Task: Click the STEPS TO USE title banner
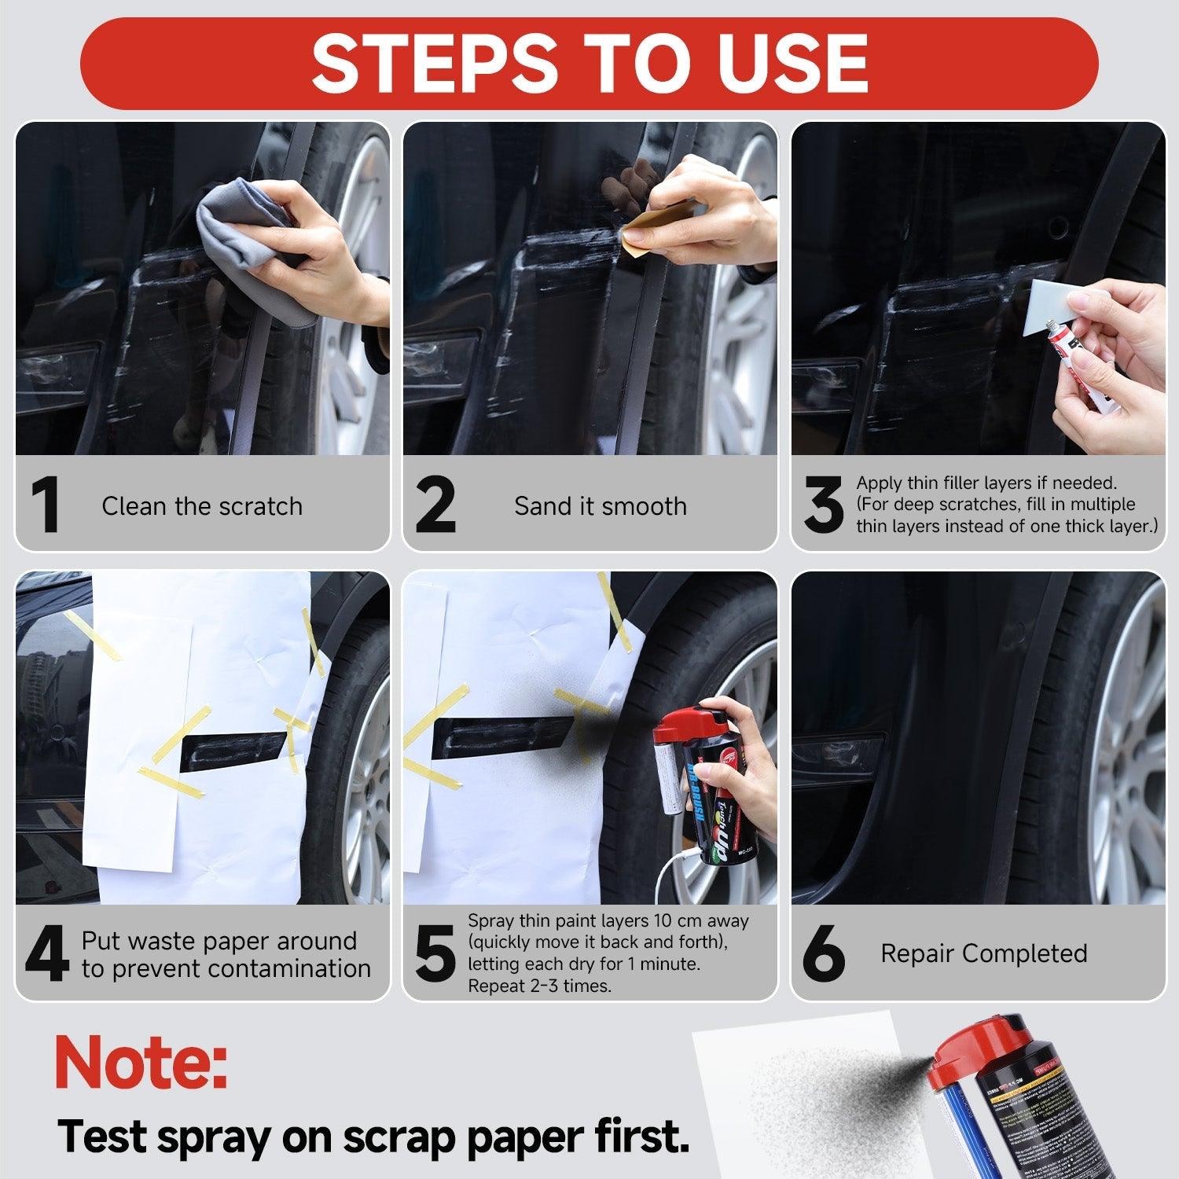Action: (x=589, y=63)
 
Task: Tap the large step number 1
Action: (x=47, y=505)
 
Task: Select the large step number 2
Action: (x=435, y=505)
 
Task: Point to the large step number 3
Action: (x=823, y=505)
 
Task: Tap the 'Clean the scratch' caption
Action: (x=202, y=506)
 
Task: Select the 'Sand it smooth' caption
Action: (x=601, y=506)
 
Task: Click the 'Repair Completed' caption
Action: (x=983, y=953)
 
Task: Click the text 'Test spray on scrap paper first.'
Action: (x=373, y=1136)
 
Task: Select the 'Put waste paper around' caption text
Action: (x=219, y=941)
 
